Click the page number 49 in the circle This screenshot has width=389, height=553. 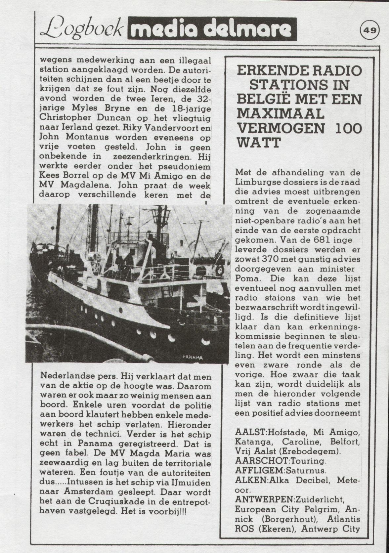point(370,30)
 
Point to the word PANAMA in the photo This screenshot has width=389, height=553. point(192,357)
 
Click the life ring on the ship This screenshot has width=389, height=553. point(220,270)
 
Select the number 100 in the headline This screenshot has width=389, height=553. point(348,129)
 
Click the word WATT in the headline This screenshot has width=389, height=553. point(259,143)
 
